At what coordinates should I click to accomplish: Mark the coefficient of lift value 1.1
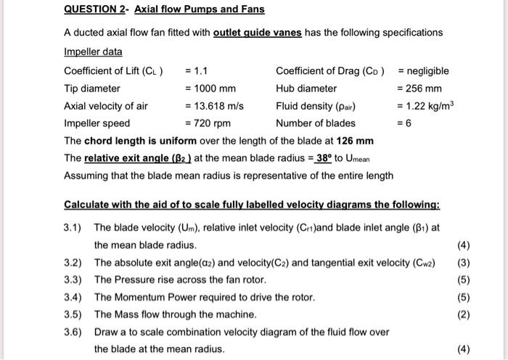pos(200,71)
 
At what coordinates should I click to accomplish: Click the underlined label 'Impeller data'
pos(94,52)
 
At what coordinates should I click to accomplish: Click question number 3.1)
pos(74,227)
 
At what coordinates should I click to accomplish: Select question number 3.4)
pos(74,297)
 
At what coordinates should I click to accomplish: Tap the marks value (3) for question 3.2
pos(464,262)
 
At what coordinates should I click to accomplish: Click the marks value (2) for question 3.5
pos(464,314)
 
